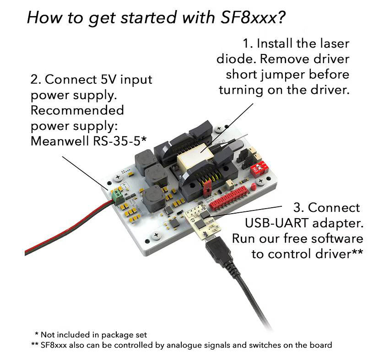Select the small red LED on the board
[x=253, y=187]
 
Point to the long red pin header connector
[x=228, y=199]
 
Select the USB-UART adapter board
[x=202, y=222]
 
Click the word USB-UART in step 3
[x=276, y=223]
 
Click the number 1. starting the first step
[x=248, y=43]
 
